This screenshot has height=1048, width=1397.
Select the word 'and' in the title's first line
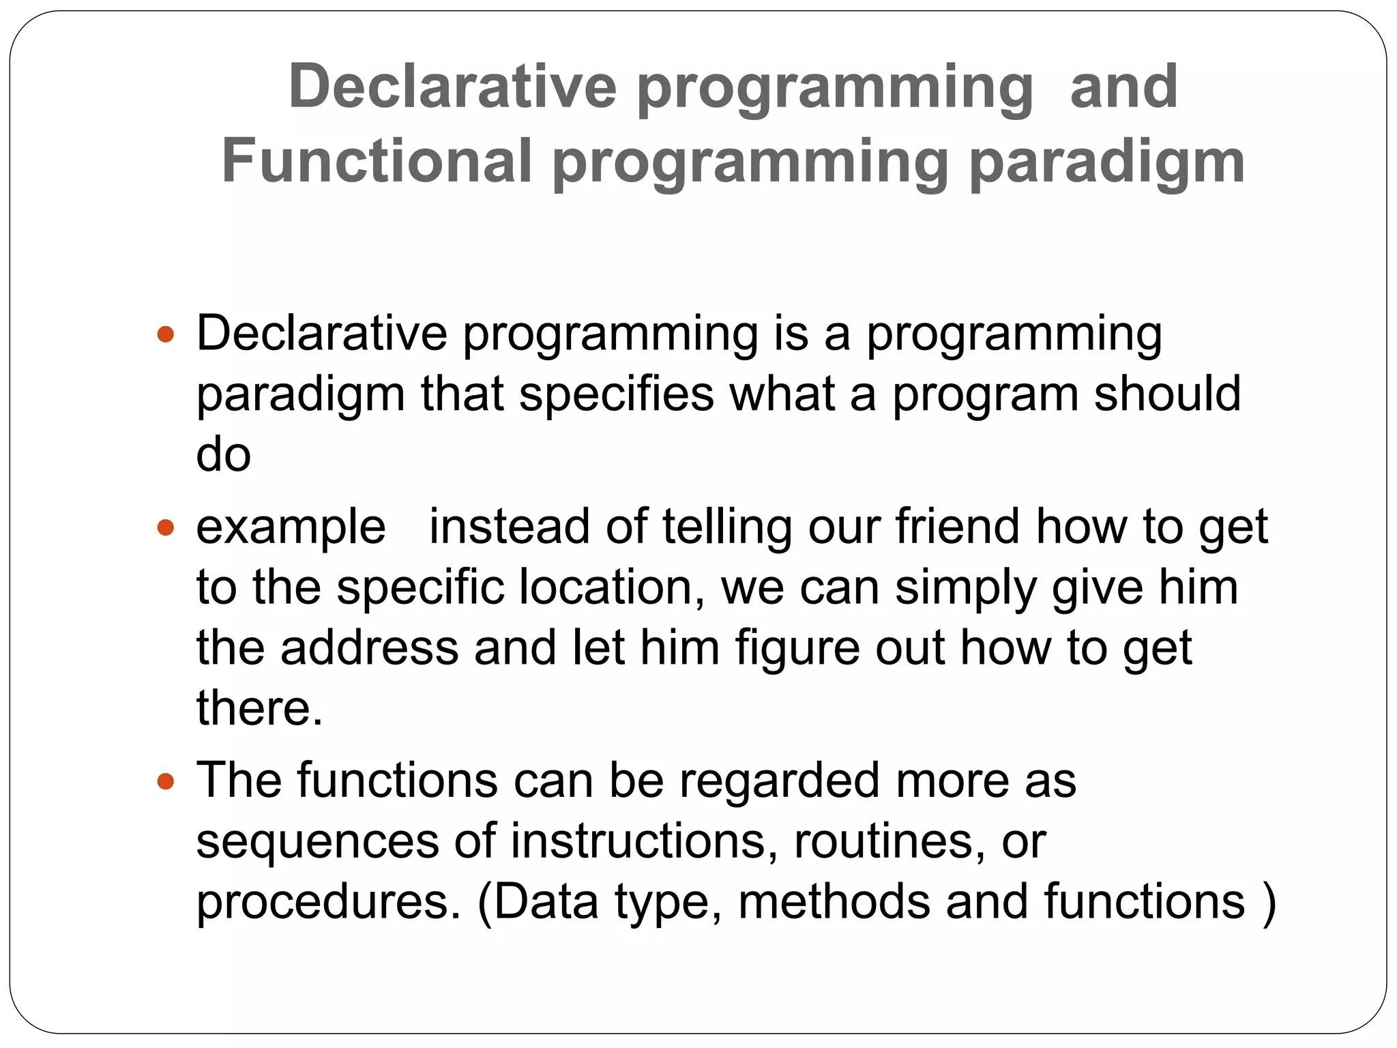point(1123,87)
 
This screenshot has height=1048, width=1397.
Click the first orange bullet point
point(166,334)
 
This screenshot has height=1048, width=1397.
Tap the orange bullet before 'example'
point(166,527)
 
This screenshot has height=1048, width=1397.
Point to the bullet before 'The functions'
point(166,781)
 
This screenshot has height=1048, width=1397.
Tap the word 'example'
point(291,527)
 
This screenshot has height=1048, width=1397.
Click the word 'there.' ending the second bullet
point(259,708)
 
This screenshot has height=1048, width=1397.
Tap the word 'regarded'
point(779,781)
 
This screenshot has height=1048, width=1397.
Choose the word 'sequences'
point(317,842)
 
